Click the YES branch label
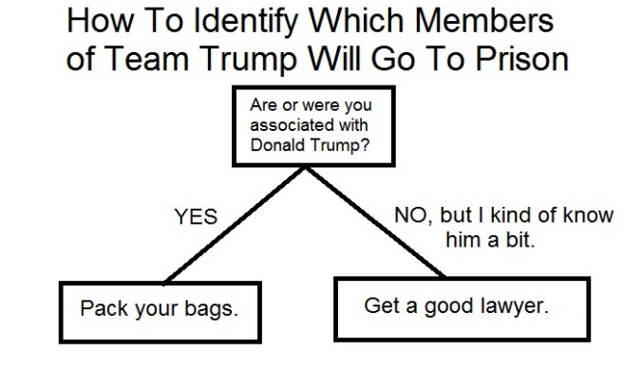195,218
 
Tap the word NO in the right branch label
411,215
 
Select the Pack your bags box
159,311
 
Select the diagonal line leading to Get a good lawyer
375,223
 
